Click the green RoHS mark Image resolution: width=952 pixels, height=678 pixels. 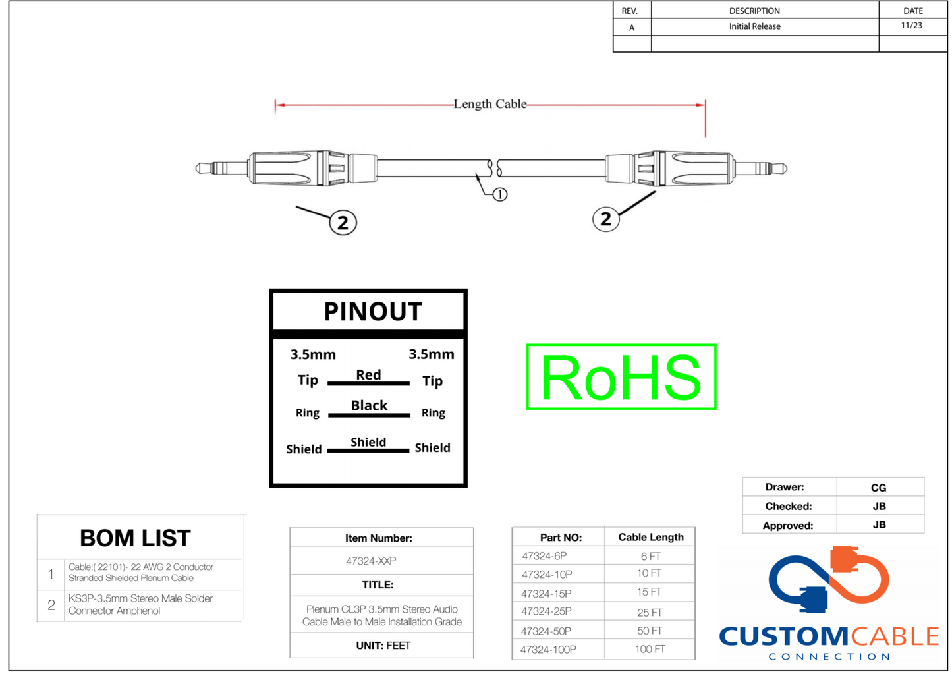pos(621,377)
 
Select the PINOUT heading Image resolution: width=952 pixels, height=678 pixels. pos(372,312)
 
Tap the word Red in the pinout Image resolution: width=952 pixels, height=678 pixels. pos(368,375)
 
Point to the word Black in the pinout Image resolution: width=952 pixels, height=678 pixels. pos(369,405)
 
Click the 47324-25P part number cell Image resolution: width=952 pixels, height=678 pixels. pos(546,612)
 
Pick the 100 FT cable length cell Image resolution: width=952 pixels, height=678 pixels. pos(650,650)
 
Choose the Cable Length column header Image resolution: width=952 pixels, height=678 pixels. pos(650,538)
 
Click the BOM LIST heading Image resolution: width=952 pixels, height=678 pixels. pos(135,538)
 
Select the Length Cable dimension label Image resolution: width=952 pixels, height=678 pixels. pos(490,104)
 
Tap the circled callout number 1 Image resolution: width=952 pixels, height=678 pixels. pos(500,194)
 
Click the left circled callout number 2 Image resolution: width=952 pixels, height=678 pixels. pos(343,223)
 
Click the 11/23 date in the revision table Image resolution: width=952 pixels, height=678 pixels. pos(911,26)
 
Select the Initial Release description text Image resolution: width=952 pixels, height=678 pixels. pos(754,26)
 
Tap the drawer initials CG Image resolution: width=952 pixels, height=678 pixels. pos(878,488)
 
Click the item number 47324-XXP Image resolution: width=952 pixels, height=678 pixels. pos(371,561)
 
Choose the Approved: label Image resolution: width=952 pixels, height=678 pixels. pos(787,526)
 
